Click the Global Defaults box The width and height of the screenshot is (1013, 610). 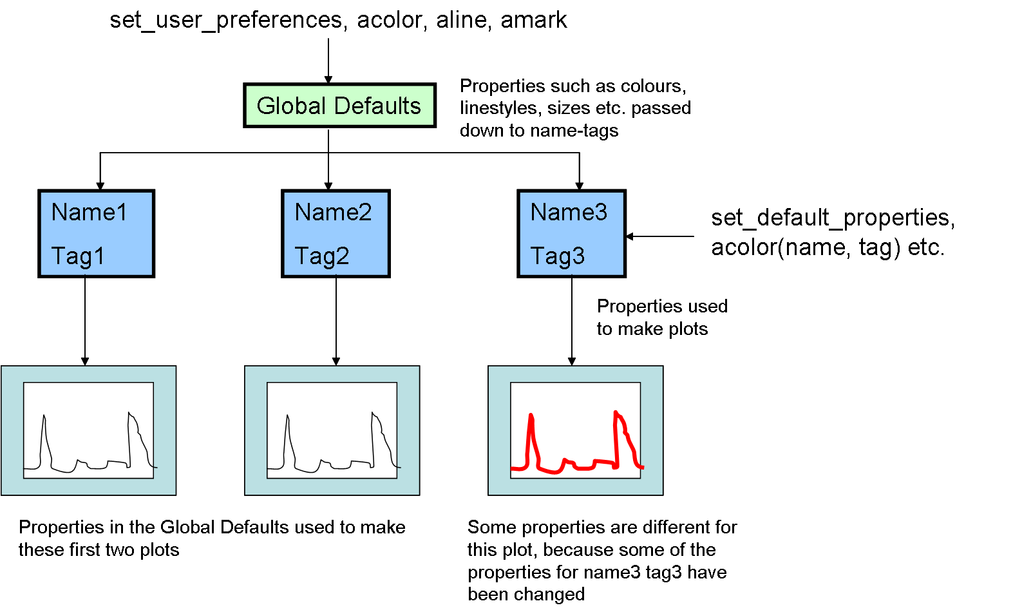coord(339,106)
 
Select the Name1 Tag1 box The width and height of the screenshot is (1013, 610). coord(97,233)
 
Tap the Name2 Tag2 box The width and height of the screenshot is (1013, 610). coord(336,233)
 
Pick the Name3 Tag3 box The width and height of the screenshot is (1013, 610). coord(571,233)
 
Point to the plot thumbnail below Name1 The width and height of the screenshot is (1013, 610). coord(89,430)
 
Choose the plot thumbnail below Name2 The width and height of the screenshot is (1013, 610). coord(332,430)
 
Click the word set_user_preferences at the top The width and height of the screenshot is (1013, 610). coord(225,20)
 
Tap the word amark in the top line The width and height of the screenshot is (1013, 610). coord(534,20)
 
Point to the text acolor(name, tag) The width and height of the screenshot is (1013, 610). coord(805,247)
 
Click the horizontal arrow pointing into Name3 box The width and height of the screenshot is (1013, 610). coord(660,236)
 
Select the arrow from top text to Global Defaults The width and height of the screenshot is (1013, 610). coord(328,61)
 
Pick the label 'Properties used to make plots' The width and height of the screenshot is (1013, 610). coord(661,317)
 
